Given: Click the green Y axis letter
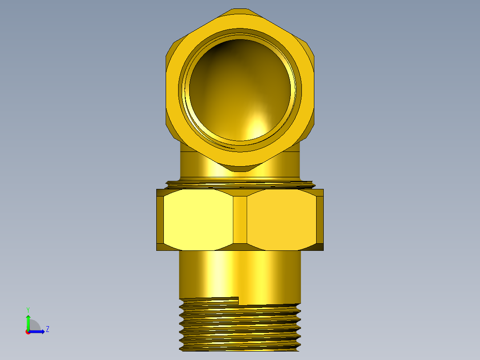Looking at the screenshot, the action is click(x=28, y=310).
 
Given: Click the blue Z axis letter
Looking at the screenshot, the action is click(x=48, y=329).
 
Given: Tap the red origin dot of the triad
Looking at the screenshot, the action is click(x=28, y=332).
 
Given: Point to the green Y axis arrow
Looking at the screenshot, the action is click(x=28, y=323).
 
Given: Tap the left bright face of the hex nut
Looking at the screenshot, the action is click(x=198, y=220).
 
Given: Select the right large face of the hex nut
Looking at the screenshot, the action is click(x=281, y=220).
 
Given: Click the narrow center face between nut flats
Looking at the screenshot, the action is click(x=240, y=220).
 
